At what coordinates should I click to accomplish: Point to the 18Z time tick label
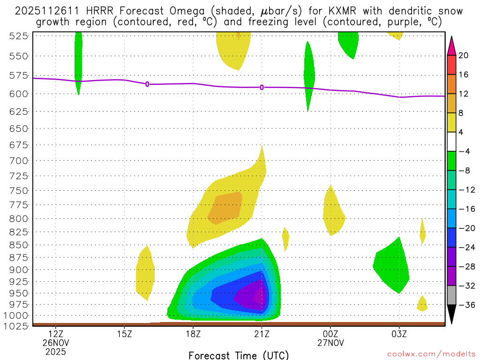(193, 334)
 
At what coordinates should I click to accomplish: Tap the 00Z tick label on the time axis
(330, 334)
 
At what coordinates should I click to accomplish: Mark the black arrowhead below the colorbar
(452, 315)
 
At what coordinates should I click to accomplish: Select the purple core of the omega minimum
(249, 297)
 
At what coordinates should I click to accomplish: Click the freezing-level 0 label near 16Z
(147, 84)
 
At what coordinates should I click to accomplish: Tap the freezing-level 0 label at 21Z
(262, 87)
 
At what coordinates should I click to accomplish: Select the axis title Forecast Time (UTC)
(239, 355)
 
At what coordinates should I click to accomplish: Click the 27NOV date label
(330, 343)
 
